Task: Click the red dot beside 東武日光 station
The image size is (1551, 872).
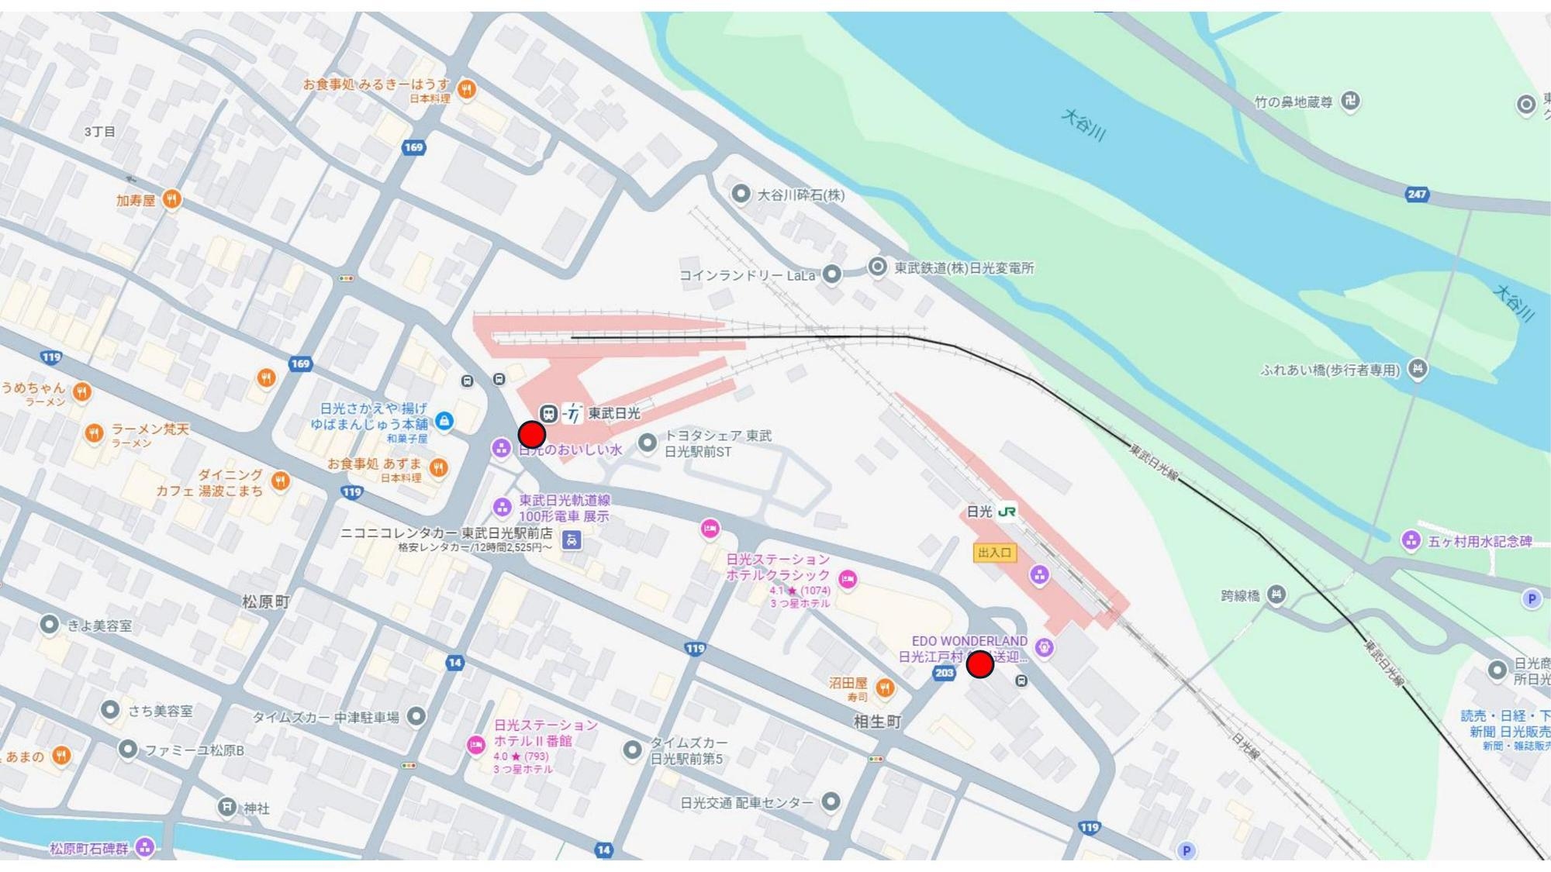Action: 531,435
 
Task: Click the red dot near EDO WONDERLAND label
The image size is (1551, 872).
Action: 980,664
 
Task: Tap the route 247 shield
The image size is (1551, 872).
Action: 1417,195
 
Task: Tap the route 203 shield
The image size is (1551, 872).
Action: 944,673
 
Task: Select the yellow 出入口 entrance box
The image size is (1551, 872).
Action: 994,553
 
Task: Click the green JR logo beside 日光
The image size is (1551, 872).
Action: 1007,512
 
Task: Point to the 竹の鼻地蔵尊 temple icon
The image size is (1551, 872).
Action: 1350,101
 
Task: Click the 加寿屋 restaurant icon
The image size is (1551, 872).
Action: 172,200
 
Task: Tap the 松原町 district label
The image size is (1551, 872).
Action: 266,601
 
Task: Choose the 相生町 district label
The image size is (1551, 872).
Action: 877,722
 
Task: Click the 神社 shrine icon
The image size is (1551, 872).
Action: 226,808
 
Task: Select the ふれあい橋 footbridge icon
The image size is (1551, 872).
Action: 1417,369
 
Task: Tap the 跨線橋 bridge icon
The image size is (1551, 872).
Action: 1276,595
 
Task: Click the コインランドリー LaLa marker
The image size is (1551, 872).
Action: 831,274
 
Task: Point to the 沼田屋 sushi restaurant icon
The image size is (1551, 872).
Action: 884,688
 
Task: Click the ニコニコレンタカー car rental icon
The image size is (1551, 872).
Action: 572,539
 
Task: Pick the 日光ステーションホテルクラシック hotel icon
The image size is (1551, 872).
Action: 848,579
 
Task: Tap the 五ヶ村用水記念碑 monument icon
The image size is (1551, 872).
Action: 1411,540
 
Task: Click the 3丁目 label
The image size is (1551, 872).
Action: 100,132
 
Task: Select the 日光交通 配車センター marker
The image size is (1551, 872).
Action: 830,801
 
